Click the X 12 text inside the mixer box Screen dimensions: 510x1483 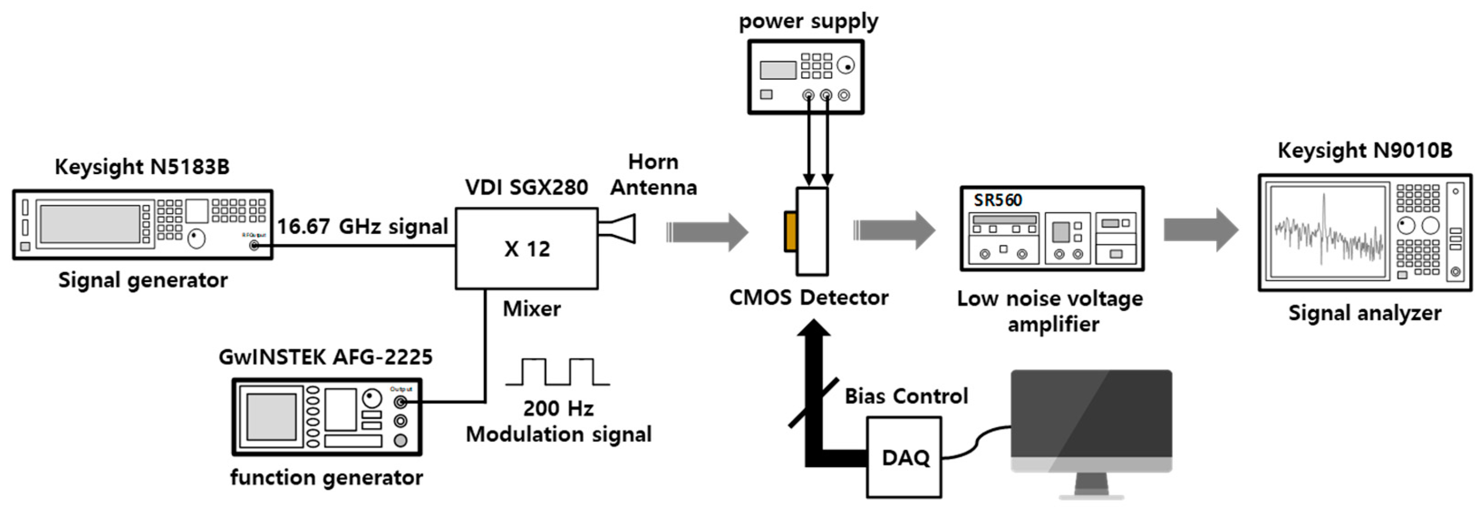click(527, 249)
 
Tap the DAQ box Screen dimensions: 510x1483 click(904, 457)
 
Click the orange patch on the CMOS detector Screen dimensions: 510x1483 click(790, 231)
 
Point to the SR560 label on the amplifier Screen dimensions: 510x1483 click(997, 200)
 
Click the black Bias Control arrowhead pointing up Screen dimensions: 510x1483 click(814, 328)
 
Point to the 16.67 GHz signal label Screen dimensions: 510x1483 click(362, 226)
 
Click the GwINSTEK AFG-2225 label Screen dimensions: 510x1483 click(325, 357)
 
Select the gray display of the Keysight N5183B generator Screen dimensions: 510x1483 click(89, 224)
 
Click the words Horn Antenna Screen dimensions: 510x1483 click(654, 175)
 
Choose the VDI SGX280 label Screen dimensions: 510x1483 click(526, 187)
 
